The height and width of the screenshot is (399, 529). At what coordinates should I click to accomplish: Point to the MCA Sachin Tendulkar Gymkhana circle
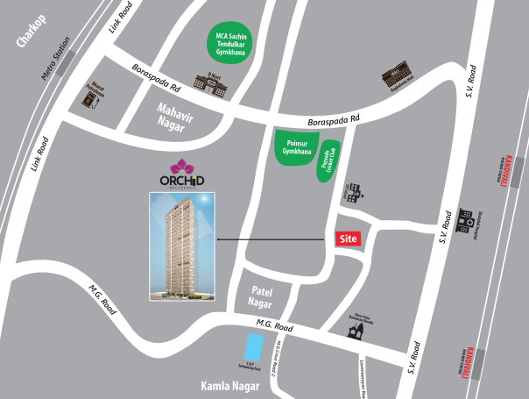[228, 44]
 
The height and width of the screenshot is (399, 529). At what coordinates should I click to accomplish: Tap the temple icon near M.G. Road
[354, 331]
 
